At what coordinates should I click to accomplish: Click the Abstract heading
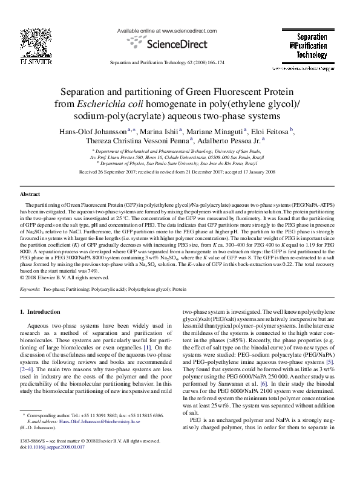coord(31,195)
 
